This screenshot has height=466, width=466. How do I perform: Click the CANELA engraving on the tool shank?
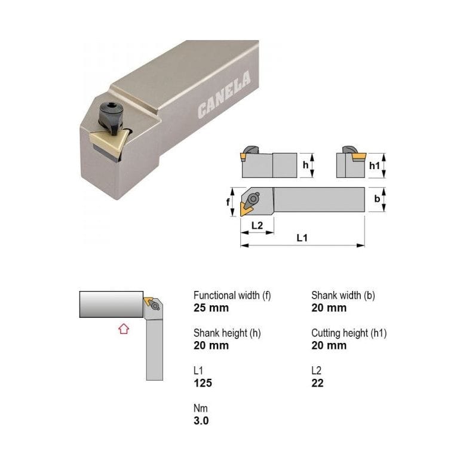(x=224, y=95)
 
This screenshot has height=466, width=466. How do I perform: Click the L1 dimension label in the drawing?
(x=302, y=238)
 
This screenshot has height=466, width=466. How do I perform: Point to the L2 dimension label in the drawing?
(x=257, y=226)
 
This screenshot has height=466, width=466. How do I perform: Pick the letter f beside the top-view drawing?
(x=228, y=202)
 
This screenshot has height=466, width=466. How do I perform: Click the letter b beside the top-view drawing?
(x=377, y=198)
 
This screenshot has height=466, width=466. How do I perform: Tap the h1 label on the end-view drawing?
(x=375, y=165)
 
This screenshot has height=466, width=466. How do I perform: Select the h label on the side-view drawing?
(x=305, y=165)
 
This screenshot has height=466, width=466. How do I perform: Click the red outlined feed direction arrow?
(x=124, y=329)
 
